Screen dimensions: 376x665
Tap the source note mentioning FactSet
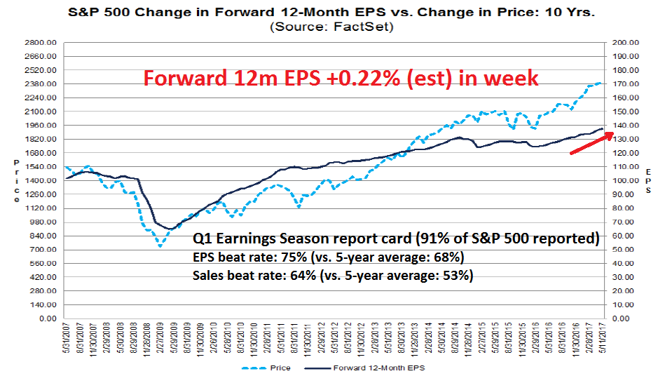pos(331,27)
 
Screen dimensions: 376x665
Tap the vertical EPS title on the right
pos(650,181)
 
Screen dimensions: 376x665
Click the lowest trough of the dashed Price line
pos(160,246)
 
